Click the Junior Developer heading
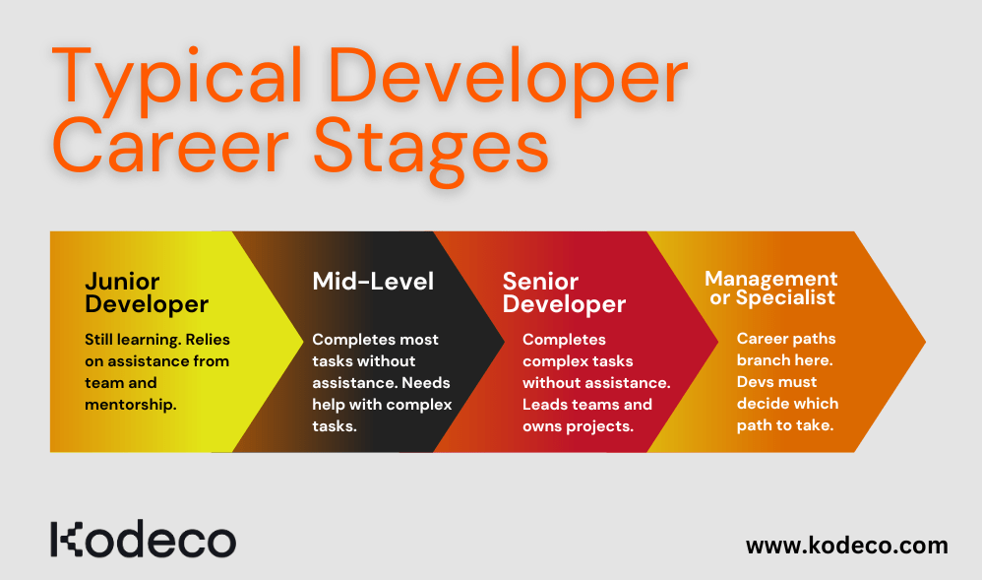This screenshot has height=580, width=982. coord(147,292)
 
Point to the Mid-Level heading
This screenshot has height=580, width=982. coord(373,281)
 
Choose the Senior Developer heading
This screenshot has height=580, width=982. coord(564,292)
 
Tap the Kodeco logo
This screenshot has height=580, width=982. coord(144,541)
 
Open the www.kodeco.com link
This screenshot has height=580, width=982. coord(846,545)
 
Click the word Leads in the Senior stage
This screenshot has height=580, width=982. coord(547,404)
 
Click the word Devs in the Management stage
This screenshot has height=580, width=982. coord(757,381)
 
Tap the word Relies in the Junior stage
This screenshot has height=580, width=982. coord(207,339)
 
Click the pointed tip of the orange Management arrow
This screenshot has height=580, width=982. coord(923,342)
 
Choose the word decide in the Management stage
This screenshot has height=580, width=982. coord(764,403)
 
